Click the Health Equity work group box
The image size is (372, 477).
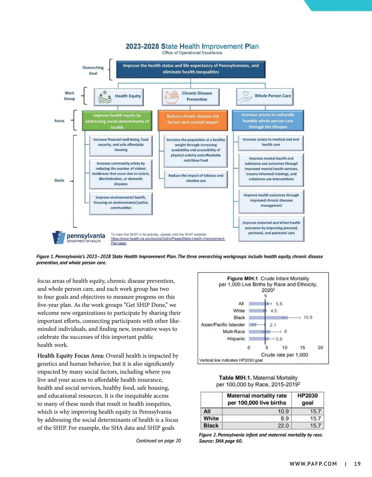click(119, 96)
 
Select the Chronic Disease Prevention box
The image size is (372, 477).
click(191, 96)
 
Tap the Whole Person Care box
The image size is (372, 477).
click(265, 96)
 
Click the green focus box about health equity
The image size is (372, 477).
click(117, 121)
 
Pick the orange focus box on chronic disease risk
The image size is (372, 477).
click(193, 119)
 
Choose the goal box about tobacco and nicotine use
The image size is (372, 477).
click(196, 178)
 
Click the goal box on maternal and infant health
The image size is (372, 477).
click(271, 228)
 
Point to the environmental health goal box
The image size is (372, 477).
click(121, 203)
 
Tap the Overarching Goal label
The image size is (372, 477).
click(93, 70)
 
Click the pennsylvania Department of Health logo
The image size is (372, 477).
click(79, 238)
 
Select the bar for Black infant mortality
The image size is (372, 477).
click(268, 317)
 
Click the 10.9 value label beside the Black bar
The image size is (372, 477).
click(308, 317)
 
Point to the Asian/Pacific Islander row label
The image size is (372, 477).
click(223, 325)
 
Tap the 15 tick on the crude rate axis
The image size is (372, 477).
click(303, 348)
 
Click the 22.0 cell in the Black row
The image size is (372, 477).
click(283, 426)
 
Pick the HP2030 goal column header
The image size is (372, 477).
click(308, 399)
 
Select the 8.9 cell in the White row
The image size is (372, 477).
click(285, 418)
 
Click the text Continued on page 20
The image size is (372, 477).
click(158, 440)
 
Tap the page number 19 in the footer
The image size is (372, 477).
click(357, 464)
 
